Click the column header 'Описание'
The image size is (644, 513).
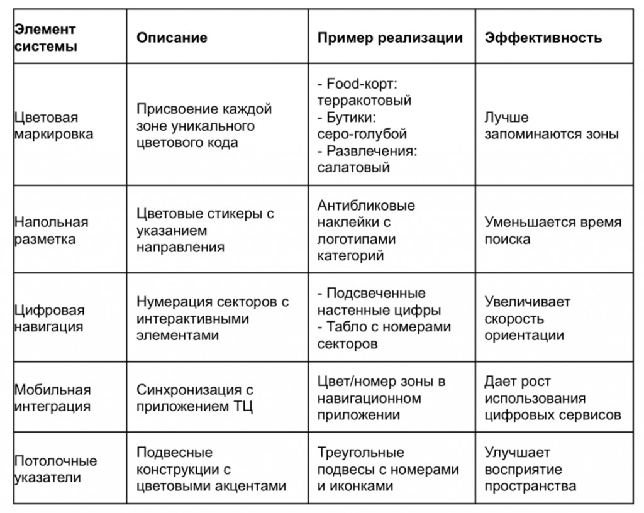pyautogui.click(x=172, y=37)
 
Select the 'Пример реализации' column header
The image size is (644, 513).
pyautogui.click(x=390, y=37)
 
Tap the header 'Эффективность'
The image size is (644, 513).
pyautogui.click(x=543, y=37)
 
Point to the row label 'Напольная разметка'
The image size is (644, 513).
pyautogui.click(x=52, y=231)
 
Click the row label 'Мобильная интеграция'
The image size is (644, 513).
pyautogui.click(x=52, y=398)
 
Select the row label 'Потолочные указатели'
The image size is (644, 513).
pyautogui.click(x=55, y=469)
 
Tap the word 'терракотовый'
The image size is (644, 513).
pyautogui.click(x=364, y=101)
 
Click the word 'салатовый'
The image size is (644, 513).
pyautogui.click(x=353, y=167)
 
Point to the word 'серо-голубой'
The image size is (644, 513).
pyautogui.click(x=362, y=134)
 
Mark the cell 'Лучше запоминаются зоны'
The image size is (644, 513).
pyautogui.click(x=551, y=126)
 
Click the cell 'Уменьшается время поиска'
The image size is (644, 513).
pyautogui.click(x=552, y=231)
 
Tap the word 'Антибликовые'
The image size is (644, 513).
pyautogui.click(x=366, y=206)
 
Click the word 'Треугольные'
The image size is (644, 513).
pyautogui.click(x=360, y=453)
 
